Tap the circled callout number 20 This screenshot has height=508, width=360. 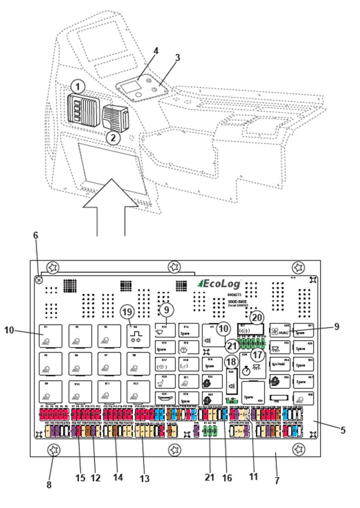[x=256, y=317]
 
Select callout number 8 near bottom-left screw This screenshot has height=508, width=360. [x=49, y=484]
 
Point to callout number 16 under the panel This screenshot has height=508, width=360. [x=227, y=477]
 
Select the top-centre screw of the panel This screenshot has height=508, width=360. [x=174, y=267]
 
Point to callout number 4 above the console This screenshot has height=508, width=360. [x=156, y=51]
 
